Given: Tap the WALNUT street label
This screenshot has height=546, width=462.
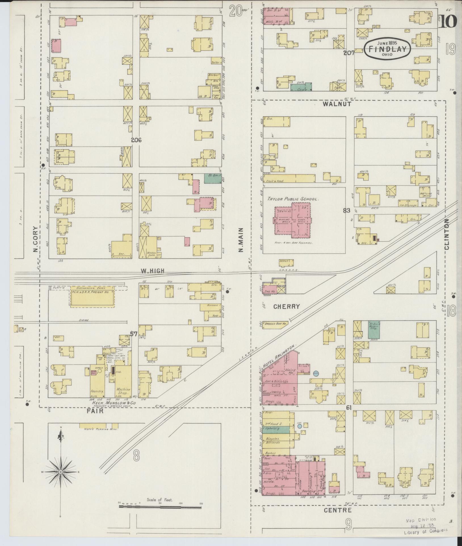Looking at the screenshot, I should [x=337, y=104].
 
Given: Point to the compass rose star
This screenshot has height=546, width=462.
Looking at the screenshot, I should [x=60, y=472].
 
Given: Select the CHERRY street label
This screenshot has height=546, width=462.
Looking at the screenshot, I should [x=287, y=306].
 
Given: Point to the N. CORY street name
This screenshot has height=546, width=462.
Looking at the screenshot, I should [x=35, y=239].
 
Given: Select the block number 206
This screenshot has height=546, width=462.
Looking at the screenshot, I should [x=136, y=140].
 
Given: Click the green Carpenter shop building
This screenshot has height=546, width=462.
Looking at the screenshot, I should [x=301, y=87].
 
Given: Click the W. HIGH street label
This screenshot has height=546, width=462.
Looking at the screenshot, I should [x=153, y=271].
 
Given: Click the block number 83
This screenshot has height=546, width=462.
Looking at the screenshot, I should [x=346, y=210].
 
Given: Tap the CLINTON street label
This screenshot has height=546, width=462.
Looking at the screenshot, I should [x=447, y=234].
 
